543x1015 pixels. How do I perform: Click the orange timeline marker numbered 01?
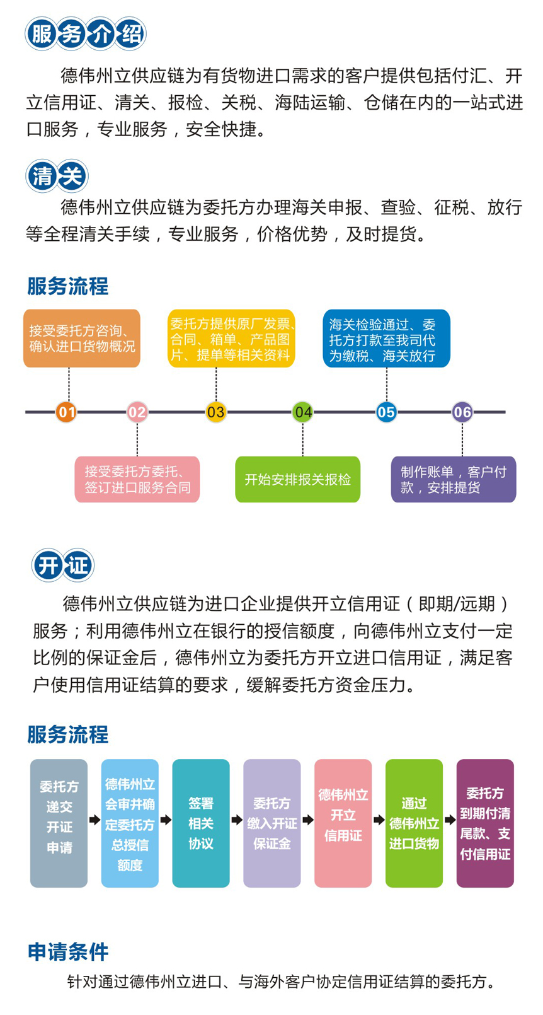pyautogui.click(x=66, y=412)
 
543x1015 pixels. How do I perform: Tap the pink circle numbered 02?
pyautogui.click(x=137, y=412)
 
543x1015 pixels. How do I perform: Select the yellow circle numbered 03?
pyautogui.click(x=215, y=412)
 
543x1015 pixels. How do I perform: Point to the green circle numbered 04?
pyautogui.click(x=303, y=412)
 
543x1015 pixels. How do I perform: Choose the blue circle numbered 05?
pyautogui.click(x=386, y=412)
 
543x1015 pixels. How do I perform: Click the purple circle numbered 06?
pyautogui.click(x=462, y=412)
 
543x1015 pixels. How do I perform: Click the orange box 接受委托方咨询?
pyautogui.click(x=81, y=338)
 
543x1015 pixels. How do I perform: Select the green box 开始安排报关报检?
pyautogui.click(x=297, y=479)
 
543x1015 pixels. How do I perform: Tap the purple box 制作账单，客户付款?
pyautogui.click(x=454, y=479)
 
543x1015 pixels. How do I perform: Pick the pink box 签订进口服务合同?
pyautogui.click(x=137, y=479)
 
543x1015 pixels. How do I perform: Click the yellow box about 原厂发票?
pyautogui.click(x=231, y=338)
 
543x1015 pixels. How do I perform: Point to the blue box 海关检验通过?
pyautogui.click(x=386, y=338)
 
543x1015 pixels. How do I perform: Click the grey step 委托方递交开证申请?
pyautogui.click(x=59, y=823)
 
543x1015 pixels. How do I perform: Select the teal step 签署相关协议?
pyautogui.click(x=200, y=823)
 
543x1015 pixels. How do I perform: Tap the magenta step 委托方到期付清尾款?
pyautogui.click(x=485, y=823)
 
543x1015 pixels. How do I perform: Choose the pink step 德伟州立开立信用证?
pyautogui.click(x=343, y=823)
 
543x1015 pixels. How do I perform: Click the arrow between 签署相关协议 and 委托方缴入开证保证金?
pyautogui.click(x=236, y=820)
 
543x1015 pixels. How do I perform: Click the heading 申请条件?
pyautogui.click(x=68, y=951)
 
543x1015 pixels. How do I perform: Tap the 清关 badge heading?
pyautogui.click(x=57, y=176)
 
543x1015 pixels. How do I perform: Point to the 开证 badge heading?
pyautogui.click(x=62, y=565)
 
